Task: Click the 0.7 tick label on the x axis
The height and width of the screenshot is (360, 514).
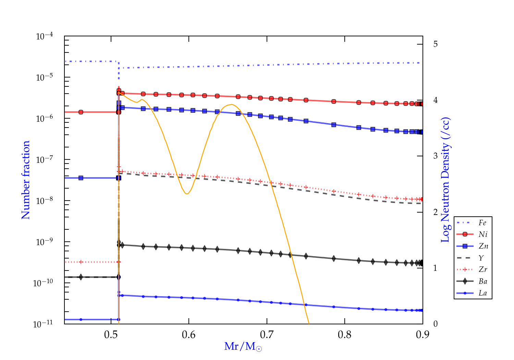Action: coord(267,335)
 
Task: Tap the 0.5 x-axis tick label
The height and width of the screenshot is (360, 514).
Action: coord(111,335)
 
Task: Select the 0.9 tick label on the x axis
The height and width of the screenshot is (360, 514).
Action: coord(423,335)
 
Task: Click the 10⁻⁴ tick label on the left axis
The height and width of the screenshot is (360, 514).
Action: coord(45,36)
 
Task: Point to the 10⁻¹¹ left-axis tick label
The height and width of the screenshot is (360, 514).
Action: coord(43,324)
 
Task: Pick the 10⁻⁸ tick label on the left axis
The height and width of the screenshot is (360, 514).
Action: coord(45,201)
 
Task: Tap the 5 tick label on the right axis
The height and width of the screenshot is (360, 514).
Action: coord(435,44)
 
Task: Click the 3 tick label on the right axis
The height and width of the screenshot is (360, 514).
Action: coord(435,156)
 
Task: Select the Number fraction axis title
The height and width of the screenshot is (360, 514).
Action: coord(26,180)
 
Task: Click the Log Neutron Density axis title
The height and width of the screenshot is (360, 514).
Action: coord(445,180)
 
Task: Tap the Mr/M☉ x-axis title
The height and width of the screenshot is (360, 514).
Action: coord(243,347)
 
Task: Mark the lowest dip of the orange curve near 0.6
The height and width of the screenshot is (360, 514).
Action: coord(187,194)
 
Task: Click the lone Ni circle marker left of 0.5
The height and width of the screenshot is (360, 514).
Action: coord(81,112)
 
